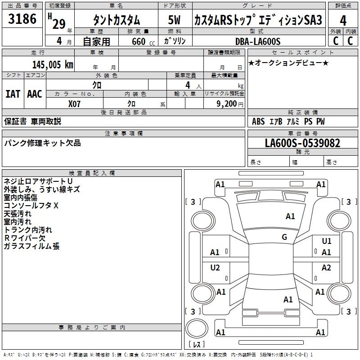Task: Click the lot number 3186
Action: point(22,19)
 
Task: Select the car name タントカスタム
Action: point(116,20)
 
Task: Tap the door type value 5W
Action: point(174,20)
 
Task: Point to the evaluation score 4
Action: point(343,20)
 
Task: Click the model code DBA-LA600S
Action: point(258,41)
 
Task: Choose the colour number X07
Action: point(75,103)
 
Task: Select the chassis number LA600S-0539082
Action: point(302,143)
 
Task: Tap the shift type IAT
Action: point(13,94)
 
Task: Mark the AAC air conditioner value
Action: point(35,94)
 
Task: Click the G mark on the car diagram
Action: point(284,237)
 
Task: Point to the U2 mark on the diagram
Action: point(215,268)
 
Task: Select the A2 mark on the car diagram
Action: point(326,268)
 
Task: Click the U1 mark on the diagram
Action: point(326,241)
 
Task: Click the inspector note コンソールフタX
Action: point(31,206)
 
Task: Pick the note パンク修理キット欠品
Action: point(43,143)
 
